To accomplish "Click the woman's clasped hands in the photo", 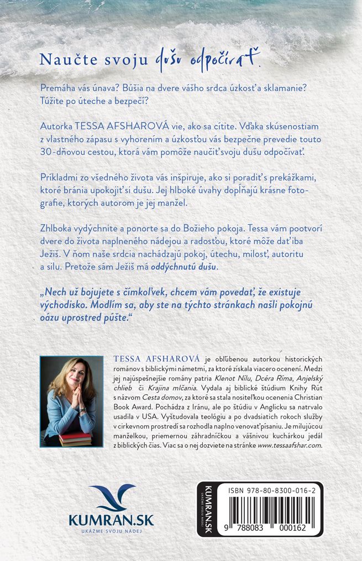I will [x=76, y=402].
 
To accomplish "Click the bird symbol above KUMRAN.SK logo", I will [x=112, y=497].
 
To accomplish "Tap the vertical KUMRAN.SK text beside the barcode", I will [x=208, y=509].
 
